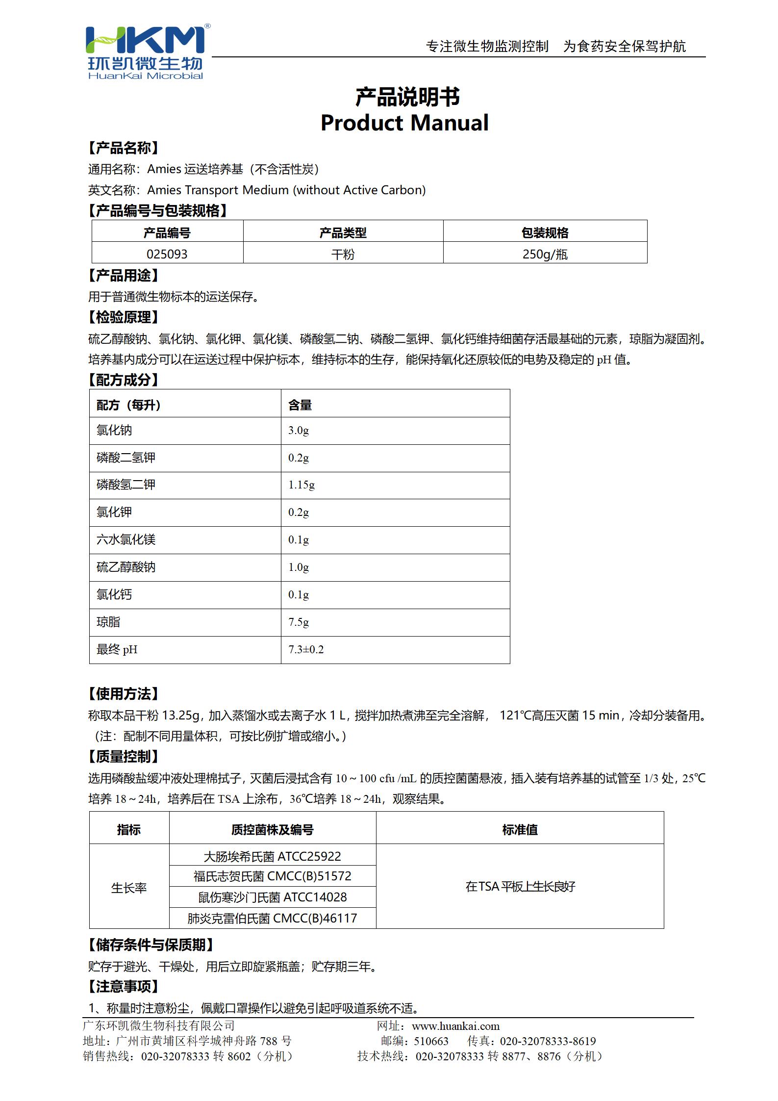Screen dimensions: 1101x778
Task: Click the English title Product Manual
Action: [404, 123]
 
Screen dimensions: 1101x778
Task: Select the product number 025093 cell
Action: [167, 254]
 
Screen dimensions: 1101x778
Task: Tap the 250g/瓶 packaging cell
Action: [545, 254]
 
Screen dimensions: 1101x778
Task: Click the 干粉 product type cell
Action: [343, 254]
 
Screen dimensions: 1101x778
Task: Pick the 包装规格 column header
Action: [545, 232]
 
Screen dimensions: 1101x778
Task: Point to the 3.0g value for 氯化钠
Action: [299, 431]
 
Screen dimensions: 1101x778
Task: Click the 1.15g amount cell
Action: [301, 485]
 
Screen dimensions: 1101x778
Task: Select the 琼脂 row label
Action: [108, 622]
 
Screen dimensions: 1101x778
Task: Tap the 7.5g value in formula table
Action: [299, 622]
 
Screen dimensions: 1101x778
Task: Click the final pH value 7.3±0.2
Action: [306, 649]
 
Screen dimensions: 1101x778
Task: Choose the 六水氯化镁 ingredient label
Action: [126, 539]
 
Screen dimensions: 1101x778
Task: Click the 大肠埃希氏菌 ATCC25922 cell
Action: [272, 856]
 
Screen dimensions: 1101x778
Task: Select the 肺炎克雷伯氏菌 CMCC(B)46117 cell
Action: [272, 918]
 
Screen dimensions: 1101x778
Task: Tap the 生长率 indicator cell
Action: [129, 888]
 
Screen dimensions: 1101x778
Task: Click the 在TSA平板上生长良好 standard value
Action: [520, 886]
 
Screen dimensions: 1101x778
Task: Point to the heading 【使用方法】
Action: [124, 693]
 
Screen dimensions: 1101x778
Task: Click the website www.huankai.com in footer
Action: [455, 1026]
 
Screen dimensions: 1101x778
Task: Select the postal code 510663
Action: [431, 1041]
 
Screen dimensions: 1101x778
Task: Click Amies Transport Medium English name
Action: [286, 190]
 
